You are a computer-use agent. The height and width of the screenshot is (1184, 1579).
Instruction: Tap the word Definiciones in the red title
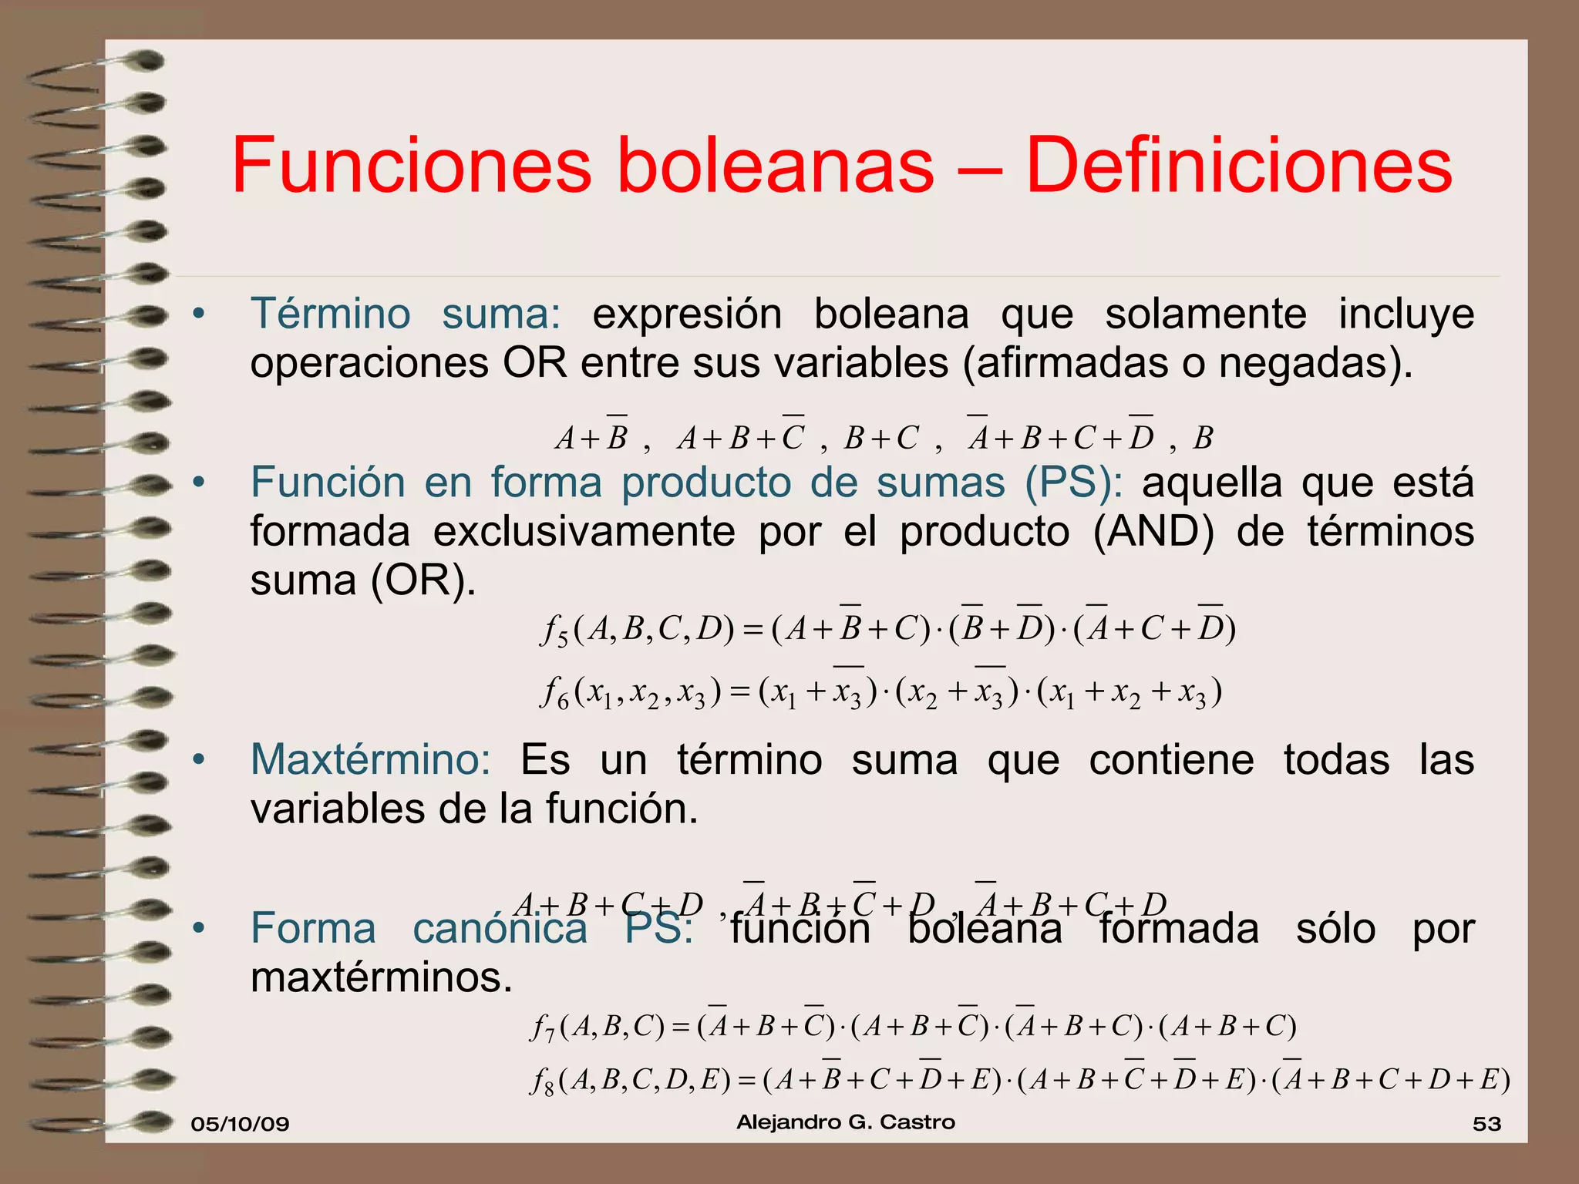pyautogui.click(x=1239, y=166)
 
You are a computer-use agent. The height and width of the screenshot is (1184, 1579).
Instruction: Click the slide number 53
pyautogui.click(x=1486, y=1124)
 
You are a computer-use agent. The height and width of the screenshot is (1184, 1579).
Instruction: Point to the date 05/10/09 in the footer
pyautogui.click(x=240, y=1124)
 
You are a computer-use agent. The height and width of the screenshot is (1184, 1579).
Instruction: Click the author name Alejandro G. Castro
pyautogui.click(x=846, y=1122)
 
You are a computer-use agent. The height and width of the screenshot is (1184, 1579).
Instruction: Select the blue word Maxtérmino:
pyautogui.click(x=371, y=760)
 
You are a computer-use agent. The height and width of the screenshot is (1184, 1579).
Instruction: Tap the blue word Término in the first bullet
pyautogui.click(x=331, y=314)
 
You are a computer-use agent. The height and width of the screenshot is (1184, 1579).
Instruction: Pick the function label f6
pyautogui.click(x=554, y=693)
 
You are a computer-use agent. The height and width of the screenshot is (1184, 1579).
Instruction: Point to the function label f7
pyautogui.click(x=543, y=1028)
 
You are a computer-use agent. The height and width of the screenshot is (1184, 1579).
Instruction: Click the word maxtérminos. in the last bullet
pyautogui.click(x=382, y=978)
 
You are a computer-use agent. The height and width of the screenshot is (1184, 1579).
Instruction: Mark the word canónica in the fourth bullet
pyautogui.click(x=500, y=929)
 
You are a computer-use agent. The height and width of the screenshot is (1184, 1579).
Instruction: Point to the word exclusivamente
pyautogui.click(x=584, y=533)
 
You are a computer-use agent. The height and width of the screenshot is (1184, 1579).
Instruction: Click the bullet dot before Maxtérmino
pyautogui.click(x=199, y=760)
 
